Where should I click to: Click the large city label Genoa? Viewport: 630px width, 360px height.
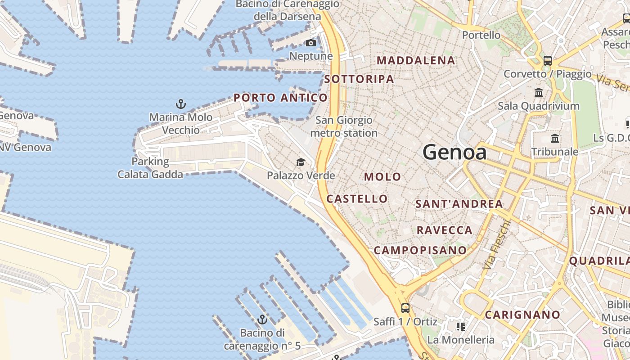coord(454,153)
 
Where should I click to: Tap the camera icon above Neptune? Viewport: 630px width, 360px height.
coord(311,43)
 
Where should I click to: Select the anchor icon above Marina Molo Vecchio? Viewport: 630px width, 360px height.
coord(180,104)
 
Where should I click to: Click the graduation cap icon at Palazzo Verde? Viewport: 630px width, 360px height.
coord(301,162)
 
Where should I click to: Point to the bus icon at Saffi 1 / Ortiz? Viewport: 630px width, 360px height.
coord(405,308)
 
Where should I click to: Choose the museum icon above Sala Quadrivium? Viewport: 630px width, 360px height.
coord(539,93)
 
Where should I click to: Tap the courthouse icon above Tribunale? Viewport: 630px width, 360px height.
coord(555,138)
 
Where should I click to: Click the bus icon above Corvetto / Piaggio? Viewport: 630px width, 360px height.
coord(548,60)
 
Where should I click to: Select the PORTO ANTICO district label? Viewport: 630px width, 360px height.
coord(280,98)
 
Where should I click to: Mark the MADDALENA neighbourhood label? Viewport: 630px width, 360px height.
coord(416,60)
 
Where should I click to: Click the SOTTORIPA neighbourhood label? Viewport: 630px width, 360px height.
coord(359,79)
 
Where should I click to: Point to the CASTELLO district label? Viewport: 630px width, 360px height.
coord(357,199)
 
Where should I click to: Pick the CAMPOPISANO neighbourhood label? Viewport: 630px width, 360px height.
coord(420,250)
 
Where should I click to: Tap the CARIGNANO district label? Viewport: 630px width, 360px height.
coord(522,315)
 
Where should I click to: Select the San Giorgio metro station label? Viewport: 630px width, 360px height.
coord(344,126)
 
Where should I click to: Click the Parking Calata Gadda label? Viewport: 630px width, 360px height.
coord(150,168)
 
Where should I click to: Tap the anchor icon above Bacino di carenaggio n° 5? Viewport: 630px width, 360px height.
coord(262,320)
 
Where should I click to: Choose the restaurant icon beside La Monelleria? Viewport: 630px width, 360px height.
coord(460,326)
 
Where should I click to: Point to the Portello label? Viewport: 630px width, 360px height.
coord(481,35)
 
